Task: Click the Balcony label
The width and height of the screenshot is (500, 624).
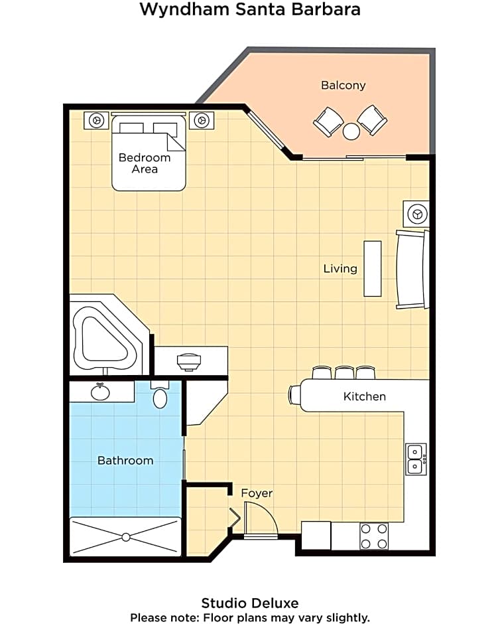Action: (343, 86)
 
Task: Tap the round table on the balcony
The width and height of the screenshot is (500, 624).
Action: (351, 131)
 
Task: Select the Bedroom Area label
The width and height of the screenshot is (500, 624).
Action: (145, 163)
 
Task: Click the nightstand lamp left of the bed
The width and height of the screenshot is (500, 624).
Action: (97, 120)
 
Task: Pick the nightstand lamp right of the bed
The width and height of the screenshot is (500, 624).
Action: (202, 120)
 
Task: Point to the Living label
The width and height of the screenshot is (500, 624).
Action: (340, 269)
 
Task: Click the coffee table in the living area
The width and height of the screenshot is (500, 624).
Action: (373, 269)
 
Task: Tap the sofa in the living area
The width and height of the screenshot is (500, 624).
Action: (412, 270)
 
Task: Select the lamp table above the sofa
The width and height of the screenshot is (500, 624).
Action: (416, 214)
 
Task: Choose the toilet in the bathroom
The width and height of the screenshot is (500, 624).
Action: (160, 395)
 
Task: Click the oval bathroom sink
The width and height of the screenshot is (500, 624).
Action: (100, 392)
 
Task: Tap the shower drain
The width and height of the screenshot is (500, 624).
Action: (126, 537)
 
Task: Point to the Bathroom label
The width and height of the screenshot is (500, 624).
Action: (125, 461)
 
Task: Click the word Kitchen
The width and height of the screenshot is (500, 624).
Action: (365, 396)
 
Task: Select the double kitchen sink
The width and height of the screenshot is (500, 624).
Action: (416, 459)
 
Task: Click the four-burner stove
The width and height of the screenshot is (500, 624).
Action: (374, 536)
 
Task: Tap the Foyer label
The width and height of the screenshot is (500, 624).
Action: (257, 493)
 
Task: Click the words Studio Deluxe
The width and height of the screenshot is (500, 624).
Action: (250, 603)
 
